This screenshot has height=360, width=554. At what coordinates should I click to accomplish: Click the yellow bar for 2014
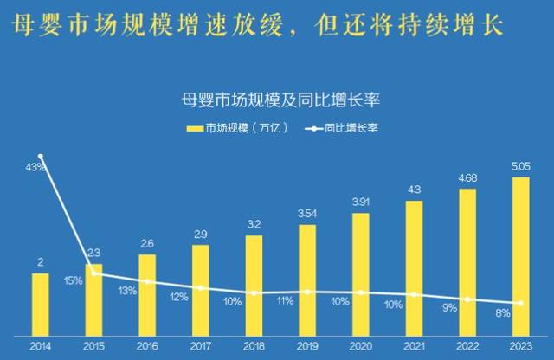point(41,302)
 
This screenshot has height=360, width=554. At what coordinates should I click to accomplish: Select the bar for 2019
point(307,278)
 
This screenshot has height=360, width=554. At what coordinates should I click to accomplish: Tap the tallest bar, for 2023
point(521,254)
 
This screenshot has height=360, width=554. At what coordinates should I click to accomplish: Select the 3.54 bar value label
point(307,213)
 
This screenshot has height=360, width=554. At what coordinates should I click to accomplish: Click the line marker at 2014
point(41,157)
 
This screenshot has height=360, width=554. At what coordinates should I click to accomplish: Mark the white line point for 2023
point(521,303)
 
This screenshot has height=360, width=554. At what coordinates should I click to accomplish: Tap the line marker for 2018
point(254,293)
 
